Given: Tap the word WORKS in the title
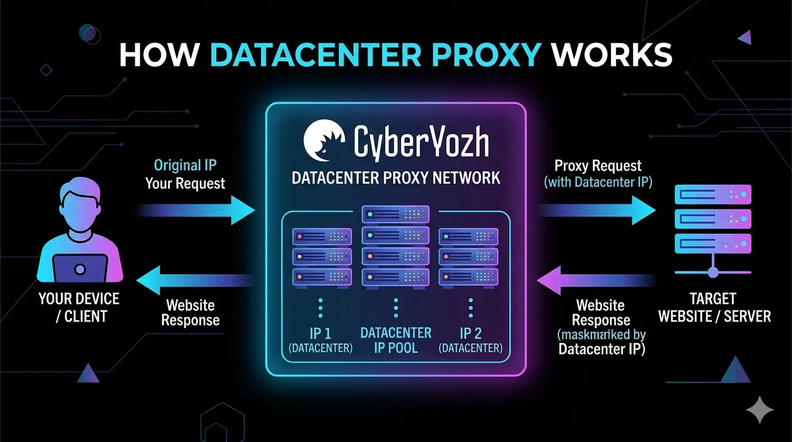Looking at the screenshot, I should point(611,55).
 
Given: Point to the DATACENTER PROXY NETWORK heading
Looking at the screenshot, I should point(396,177).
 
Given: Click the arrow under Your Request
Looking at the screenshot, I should point(196,209).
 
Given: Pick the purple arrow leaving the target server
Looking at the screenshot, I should point(596,280).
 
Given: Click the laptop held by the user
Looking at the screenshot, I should point(80,269).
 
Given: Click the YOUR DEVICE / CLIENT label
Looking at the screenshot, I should point(79,307).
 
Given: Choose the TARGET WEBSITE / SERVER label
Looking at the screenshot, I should point(714,307).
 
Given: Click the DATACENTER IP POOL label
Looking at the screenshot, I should point(396,340).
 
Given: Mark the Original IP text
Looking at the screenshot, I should point(185,166).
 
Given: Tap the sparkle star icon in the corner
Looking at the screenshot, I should point(759,410).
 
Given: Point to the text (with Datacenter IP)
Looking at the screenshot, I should point(597,182).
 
